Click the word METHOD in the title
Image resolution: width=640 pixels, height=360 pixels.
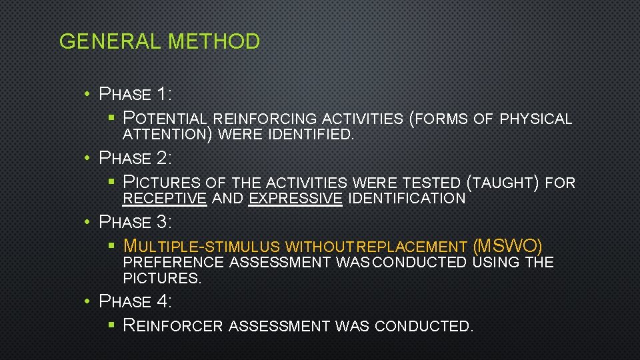coord(214,42)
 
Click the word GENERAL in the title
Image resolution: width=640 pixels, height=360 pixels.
coord(110,42)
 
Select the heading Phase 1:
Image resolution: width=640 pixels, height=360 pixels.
coord(135,94)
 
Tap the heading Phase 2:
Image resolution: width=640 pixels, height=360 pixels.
coord(135,158)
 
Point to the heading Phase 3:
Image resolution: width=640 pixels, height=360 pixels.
coord(135,221)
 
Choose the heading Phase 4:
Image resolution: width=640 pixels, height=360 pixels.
coord(135,301)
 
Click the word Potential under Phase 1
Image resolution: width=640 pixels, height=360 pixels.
coord(166,119)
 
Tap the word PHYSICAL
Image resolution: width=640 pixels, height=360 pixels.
coord(536,119)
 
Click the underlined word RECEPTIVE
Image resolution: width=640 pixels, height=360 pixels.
coord(165,198)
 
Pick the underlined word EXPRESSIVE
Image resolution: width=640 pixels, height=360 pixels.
coord(295,198)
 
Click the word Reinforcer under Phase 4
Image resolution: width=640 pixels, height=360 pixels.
coord(173,326)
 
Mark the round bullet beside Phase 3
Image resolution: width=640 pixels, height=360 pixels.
coord(88,221)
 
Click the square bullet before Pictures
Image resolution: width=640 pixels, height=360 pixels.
coord(112,182)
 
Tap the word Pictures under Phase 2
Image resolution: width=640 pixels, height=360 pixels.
coord(162,182)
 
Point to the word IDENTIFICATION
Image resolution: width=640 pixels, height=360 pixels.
coord(407,198)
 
